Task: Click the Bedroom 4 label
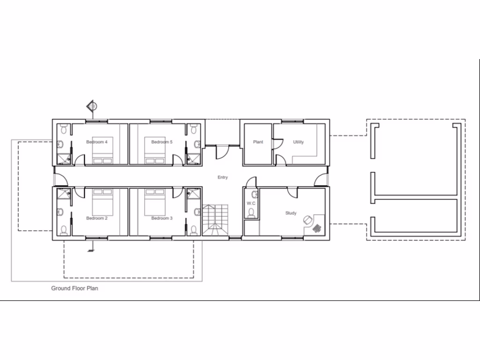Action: point(97,142)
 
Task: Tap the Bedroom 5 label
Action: point(162,142)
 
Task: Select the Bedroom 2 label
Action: point(97,218)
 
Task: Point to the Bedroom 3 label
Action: point(162,218)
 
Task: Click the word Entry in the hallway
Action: point(223,177)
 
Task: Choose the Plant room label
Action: point(258,142)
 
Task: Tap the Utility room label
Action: point(298,142)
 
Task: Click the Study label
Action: point(291,213)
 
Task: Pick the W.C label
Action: point(251,203)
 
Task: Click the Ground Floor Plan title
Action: point(75,288)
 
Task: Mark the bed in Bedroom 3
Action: point(155,202)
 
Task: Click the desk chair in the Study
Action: point(307,219)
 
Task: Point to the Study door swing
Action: point(292,192)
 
